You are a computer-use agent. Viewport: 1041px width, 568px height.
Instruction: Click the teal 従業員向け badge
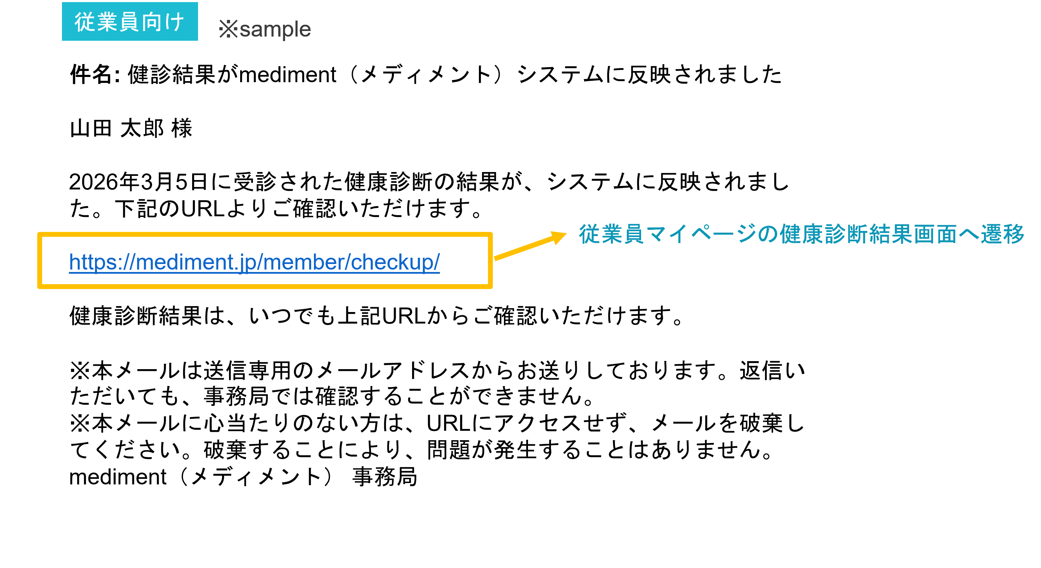pos(130,22)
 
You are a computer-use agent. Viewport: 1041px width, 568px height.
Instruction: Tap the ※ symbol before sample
pos(228,30)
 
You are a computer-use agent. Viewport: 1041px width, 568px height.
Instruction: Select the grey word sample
pos(275,30)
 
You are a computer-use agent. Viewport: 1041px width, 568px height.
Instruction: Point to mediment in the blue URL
pos(184,262)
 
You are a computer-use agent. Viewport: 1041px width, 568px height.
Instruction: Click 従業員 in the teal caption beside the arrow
pos(611,234)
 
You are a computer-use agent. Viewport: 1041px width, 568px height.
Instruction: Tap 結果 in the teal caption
pos(891,234)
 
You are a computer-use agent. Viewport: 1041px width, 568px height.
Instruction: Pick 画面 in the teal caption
pos(935,234)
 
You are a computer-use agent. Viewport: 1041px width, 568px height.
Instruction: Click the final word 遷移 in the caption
pos(1002,234)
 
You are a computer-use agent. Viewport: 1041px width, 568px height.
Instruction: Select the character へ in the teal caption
pos(969,234)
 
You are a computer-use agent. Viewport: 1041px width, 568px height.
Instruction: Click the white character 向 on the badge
pos(152,22)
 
